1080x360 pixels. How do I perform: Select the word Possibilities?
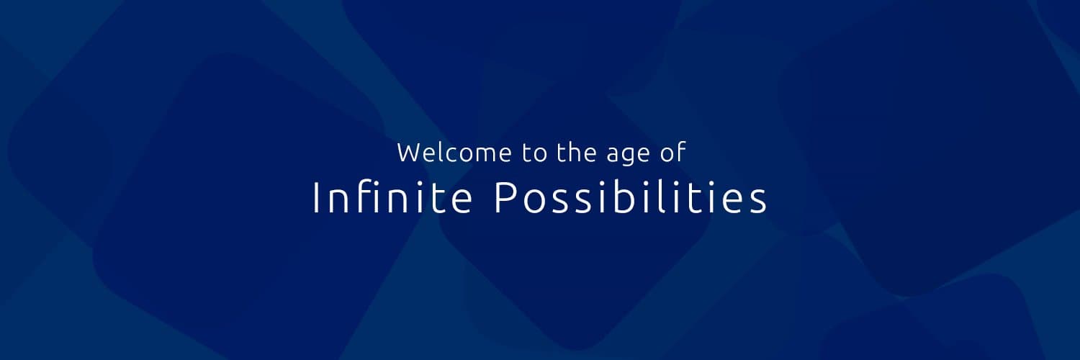pos(631,198)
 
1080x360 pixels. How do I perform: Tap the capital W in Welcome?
pos(408,153)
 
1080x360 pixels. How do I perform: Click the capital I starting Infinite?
pos(315,198)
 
